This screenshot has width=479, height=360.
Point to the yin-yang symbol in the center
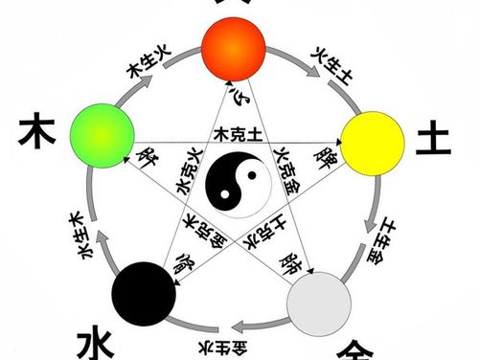[x=234, y=180]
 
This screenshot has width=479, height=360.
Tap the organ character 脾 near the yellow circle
[x=324, y=154]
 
